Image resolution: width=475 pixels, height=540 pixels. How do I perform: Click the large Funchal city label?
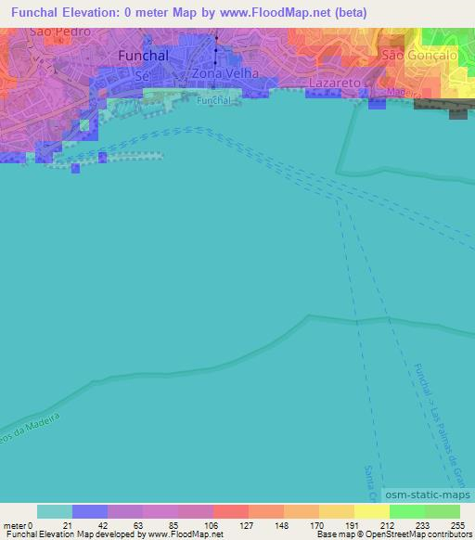[x=144, y=56]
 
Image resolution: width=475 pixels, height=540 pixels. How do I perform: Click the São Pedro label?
[x=60, y=32]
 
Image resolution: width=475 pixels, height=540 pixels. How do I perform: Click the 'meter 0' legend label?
[x=18, y=524]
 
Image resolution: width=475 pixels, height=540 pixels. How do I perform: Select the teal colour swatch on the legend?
[x=54, y=511]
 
